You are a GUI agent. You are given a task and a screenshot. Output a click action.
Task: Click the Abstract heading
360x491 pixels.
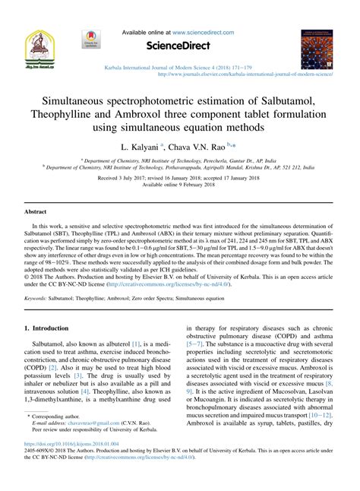36,211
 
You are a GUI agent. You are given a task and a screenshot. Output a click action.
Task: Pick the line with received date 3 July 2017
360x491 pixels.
180,177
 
